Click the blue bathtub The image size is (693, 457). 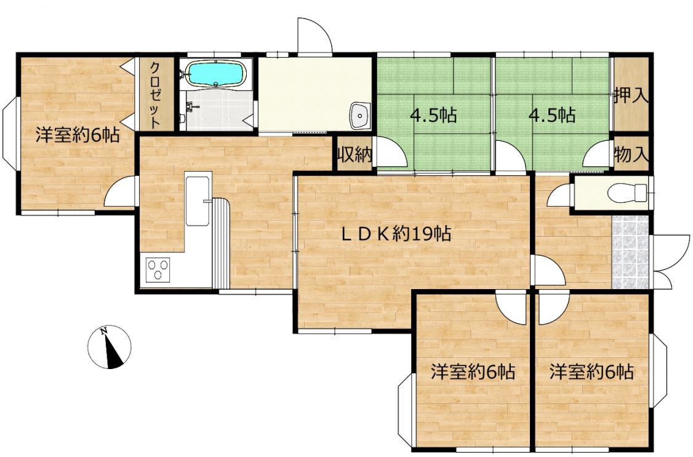(215, 74)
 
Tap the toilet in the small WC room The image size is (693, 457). (628, 193)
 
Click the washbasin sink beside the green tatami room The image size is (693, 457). (360, 115)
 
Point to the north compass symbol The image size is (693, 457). (109, 347)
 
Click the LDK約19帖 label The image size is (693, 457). (396, 233)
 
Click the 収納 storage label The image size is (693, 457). (355, 155)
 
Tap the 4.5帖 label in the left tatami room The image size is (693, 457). (433, 116)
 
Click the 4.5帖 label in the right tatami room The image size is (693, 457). (552, 116)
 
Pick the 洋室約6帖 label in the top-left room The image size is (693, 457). (78, 135)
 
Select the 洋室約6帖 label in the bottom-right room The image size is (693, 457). (592, 372)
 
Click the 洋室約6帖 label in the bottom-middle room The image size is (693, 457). (473, 372)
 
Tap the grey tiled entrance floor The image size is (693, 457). (630, 252)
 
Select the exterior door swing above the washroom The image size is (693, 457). (314, 35)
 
